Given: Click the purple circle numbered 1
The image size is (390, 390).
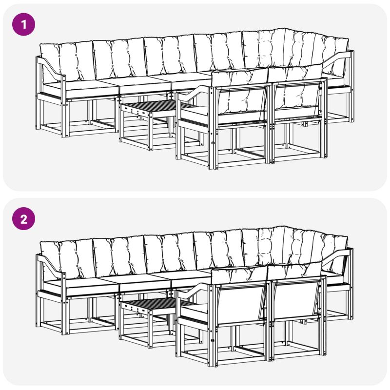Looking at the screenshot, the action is (x=23, y=24).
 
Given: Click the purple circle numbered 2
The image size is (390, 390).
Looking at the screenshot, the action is (x=23, y=219).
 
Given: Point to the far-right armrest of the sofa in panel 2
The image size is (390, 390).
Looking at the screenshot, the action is (x=338, y=257).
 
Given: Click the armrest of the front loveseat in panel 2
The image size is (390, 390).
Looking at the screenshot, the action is (x=195, y=291).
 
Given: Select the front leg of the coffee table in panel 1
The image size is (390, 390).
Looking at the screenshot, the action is (x=150, y=131).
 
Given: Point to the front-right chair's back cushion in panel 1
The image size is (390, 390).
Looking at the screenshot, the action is (x=295, y=91).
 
